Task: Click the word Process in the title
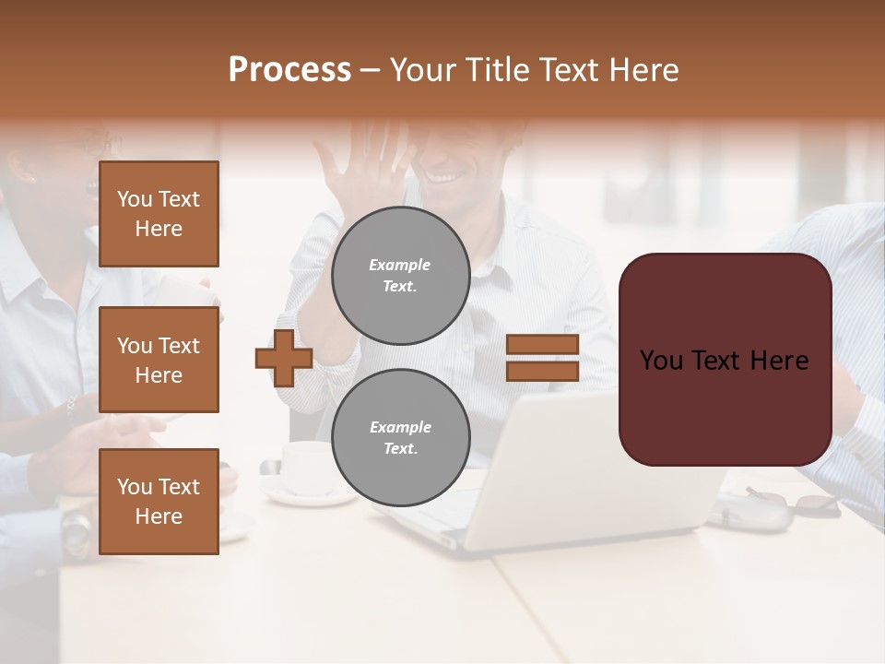pos(289,70)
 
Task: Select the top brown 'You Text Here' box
pos(159,214)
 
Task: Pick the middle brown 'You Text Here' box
pos(159,360)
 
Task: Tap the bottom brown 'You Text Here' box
pos(159,502)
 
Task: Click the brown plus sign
pos(284,358)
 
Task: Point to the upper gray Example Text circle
pos(400,276)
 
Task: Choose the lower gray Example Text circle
pos(400,438)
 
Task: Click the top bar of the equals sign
pos(542,345)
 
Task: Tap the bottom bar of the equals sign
pos(542,371)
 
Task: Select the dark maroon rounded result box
pos(725,360)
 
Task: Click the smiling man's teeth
pos(445,174)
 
